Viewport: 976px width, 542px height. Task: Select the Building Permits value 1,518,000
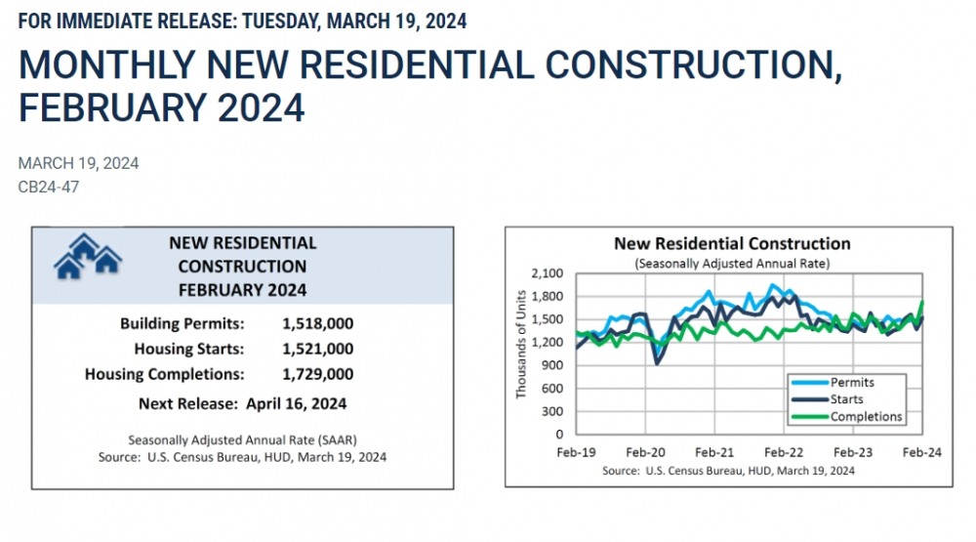[x=317, y=323]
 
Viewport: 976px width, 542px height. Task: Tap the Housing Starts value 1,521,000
[x=317, y=349]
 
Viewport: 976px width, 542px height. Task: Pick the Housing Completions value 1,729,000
[x=317, y=374]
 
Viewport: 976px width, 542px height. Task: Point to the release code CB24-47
[x=49, y=187]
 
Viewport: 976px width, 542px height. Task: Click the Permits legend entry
[x=852, y=383]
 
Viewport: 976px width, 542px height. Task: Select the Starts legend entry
[x=846, y=399]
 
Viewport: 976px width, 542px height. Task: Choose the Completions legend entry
[x=866, y=417]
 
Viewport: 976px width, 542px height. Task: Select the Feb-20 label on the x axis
[x=644, y=453]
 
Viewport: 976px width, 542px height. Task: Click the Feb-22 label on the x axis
[x=783, y=453]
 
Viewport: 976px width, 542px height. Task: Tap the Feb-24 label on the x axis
[x=920, y=453]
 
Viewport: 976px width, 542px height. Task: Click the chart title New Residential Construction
[x=732, y=244]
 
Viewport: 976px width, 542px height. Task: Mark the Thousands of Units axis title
[x=521, y=344]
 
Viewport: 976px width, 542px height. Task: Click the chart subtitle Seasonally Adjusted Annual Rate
[x=732, y=264]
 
